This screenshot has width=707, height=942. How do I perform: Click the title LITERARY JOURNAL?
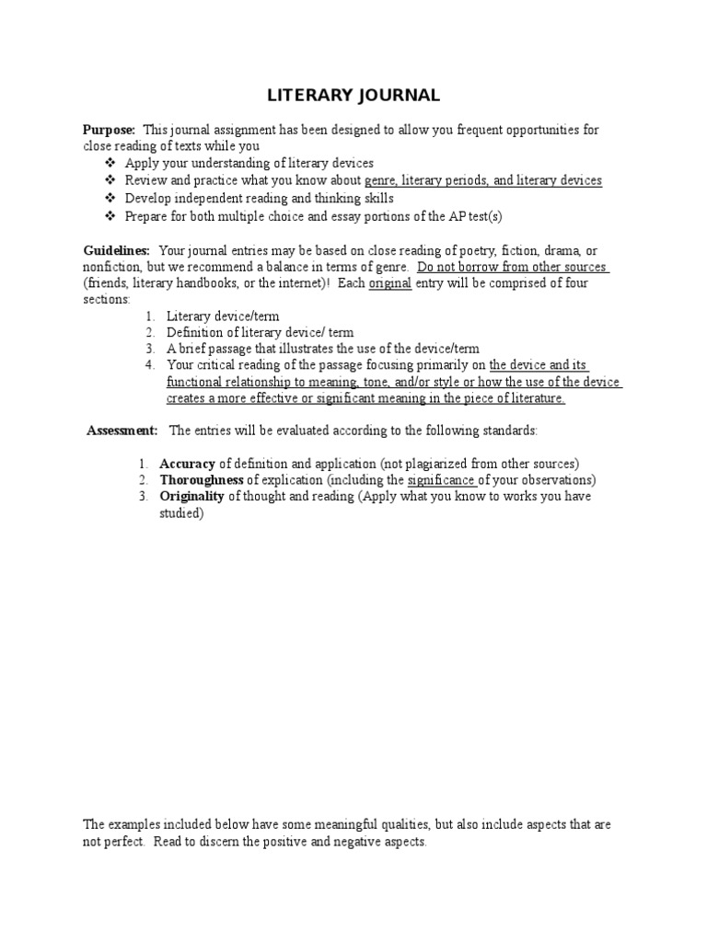353,95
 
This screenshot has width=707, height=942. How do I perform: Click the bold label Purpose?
110,131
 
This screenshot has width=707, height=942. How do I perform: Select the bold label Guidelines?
116,251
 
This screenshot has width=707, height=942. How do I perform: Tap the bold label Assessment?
122,430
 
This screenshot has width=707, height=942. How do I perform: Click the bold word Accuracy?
188,464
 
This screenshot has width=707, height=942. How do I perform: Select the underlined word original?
389,283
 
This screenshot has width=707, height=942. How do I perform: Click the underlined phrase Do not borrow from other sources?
512,267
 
